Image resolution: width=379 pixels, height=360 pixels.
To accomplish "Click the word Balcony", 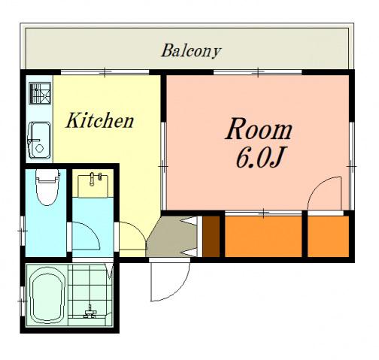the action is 191,51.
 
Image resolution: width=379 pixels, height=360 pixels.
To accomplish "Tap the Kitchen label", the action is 99,120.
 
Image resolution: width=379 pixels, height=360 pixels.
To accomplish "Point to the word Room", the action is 259,129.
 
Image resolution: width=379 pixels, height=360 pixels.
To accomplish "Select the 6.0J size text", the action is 259,158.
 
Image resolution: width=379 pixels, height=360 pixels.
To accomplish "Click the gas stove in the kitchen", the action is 40,93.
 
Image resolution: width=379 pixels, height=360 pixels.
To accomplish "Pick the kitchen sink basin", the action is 39,141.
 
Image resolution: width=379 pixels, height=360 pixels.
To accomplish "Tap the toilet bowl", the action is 47,187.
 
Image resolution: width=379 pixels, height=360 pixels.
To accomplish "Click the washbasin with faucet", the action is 93,186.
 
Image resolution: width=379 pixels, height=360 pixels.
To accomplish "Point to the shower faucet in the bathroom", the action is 89,312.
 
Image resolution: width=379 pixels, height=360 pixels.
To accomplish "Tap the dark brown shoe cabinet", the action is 211,236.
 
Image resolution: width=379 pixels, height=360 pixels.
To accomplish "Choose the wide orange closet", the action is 263,236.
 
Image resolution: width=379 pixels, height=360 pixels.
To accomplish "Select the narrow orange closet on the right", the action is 328,236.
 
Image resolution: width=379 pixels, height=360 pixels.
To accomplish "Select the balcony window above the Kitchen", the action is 105,72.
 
